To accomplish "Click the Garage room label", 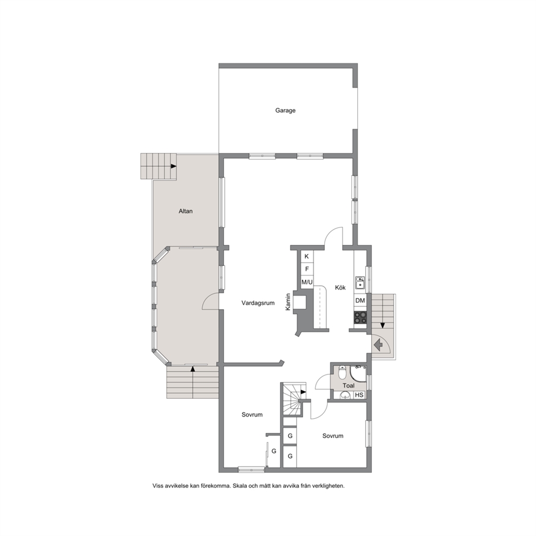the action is (285, 110).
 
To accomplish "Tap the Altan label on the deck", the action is (186, 211).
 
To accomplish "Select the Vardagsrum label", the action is (258, 303).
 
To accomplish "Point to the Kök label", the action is (340, 288).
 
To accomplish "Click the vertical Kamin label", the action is (288, 302).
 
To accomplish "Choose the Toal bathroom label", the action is (349, 386).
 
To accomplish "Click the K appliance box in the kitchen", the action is (307, 256).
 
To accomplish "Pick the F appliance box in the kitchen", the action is (307, 270).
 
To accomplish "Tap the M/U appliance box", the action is (307, 283).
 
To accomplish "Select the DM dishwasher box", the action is (360, 301).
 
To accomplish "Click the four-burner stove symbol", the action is (360, 318).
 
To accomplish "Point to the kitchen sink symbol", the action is (360, 283).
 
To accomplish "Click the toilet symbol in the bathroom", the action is (342, 373).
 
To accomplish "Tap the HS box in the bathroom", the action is (359, 395).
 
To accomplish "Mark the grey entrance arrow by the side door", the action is (378, 345).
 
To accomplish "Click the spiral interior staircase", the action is (292, 399).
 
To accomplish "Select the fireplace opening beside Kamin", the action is (301, 302).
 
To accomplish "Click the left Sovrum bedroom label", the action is (252, 415).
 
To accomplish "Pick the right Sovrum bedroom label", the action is (333, 436).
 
